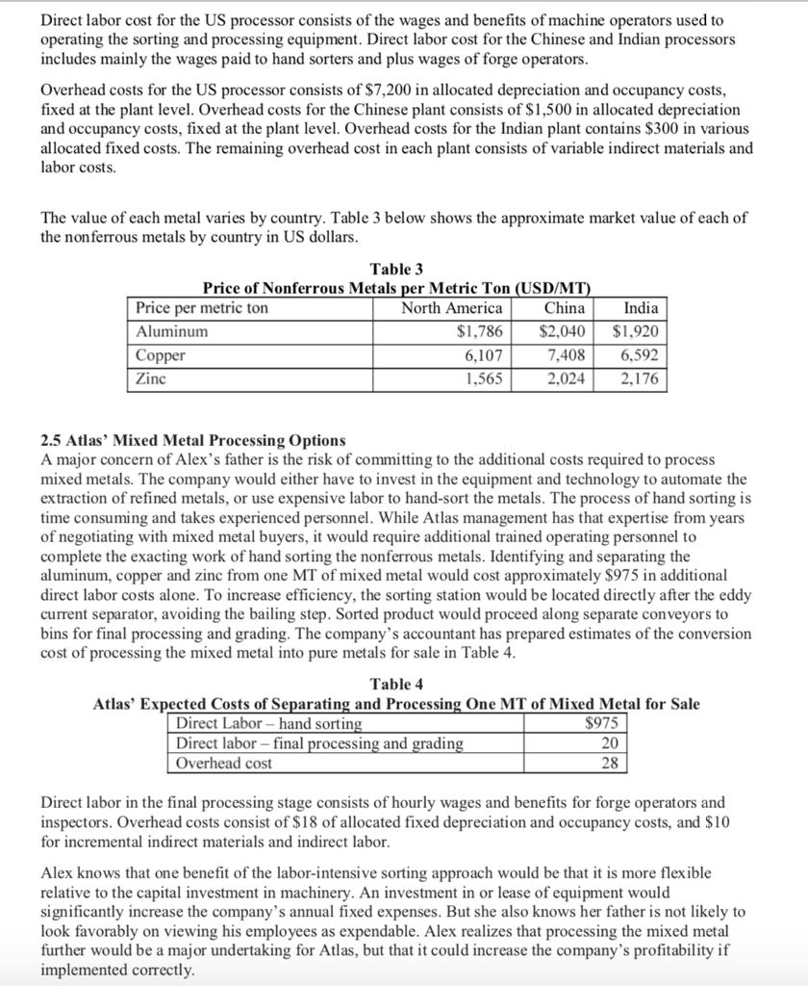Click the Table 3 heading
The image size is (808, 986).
[396, 269]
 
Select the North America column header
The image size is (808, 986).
[451, 308]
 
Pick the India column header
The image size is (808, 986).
[641, 308]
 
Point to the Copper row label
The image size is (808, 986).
[161, 355]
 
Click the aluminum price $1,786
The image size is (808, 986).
[479, 331]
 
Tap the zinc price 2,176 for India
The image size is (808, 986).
[641, 378]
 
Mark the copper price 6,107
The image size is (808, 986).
[484, 355]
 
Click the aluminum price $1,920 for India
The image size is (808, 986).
[636, 331]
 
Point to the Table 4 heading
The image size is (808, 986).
[396, 685]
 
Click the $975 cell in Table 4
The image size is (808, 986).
[604, 723]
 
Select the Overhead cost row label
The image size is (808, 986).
[223, 764]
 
